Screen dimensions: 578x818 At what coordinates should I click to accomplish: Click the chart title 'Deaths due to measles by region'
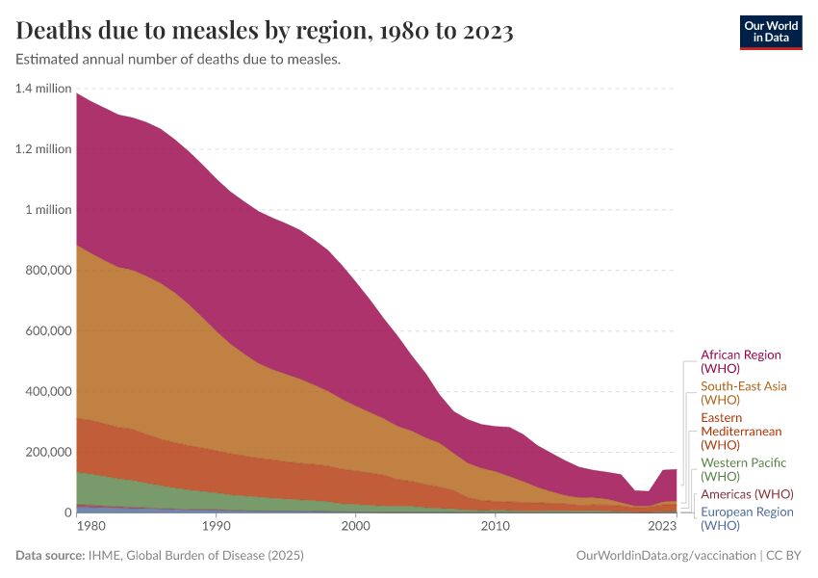point(265,32)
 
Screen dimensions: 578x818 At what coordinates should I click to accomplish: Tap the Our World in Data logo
point(771,32)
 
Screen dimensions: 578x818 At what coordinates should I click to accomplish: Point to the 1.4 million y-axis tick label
point(43,89)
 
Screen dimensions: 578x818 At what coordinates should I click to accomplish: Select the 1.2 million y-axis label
point(43,149)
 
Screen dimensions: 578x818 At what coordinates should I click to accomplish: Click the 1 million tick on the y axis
point(47,210)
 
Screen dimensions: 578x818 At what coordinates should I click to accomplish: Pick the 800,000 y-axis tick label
point(46,271)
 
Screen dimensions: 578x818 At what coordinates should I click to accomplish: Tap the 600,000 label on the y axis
point(46,331)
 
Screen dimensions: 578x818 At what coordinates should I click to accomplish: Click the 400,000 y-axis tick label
point(46,392)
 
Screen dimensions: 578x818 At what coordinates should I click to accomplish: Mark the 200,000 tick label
point(46,453)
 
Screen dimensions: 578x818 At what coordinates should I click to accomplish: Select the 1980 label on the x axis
point(90,527)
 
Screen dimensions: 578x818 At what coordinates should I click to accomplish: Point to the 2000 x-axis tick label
point(355,527)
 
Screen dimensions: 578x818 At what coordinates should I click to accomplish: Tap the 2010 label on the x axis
point(495,527)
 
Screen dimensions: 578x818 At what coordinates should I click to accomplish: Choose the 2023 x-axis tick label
point(662,527)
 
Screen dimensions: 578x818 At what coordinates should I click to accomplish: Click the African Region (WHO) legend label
point(740,362)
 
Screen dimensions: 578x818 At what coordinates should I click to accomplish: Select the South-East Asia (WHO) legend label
point(743,393)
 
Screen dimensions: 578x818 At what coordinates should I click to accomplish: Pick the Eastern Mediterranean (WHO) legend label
point(741,432)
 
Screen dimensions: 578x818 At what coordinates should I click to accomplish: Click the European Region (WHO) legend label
point(747,518)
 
